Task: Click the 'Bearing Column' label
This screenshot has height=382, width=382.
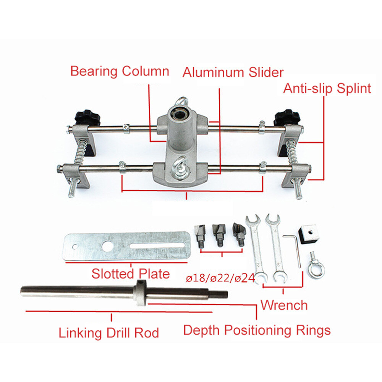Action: (120, 71)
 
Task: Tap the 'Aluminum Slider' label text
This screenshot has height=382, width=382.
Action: (233, 73)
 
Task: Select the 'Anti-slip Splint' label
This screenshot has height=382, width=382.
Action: (327, 89)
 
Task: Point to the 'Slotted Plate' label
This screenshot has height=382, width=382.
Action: (130, 274)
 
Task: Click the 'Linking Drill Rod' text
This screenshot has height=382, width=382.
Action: (108, 333)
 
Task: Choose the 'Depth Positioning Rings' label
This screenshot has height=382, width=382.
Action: (257, 330)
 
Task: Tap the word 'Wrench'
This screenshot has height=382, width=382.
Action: (284, 305)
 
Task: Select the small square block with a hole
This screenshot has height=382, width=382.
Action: (308, 233)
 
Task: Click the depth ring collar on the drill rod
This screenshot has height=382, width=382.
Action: (141, 293)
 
